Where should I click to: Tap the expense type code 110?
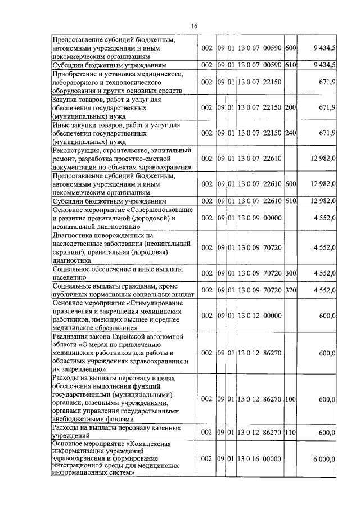coord(290,432)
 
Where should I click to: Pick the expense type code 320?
coord(290,290)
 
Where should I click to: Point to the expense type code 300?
coord(290,273)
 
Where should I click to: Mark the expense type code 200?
coord(290,107)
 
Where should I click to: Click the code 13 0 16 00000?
coord(259,459)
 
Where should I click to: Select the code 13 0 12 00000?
coord(259,316)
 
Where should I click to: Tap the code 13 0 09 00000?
coord(259,218)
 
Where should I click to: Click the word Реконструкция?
coord(77,150)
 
